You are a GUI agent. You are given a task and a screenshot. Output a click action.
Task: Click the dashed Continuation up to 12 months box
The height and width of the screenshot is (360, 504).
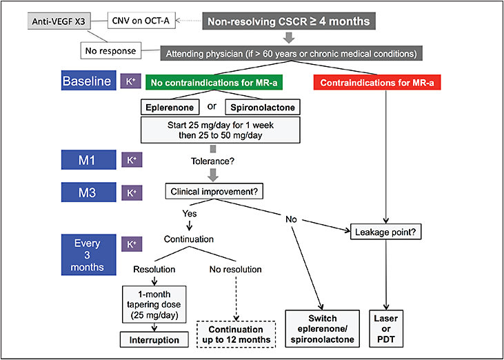[236, 334]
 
